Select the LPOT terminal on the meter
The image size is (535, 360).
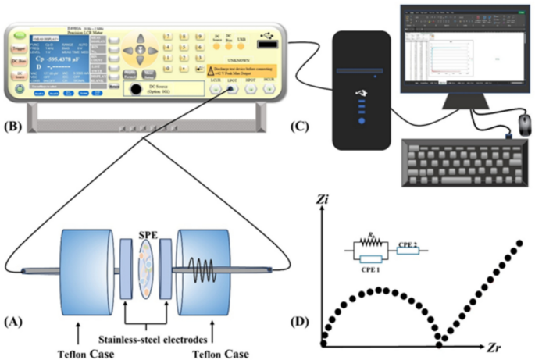(x=232, y=89)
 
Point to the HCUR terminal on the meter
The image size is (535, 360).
(x=268, y=89)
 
